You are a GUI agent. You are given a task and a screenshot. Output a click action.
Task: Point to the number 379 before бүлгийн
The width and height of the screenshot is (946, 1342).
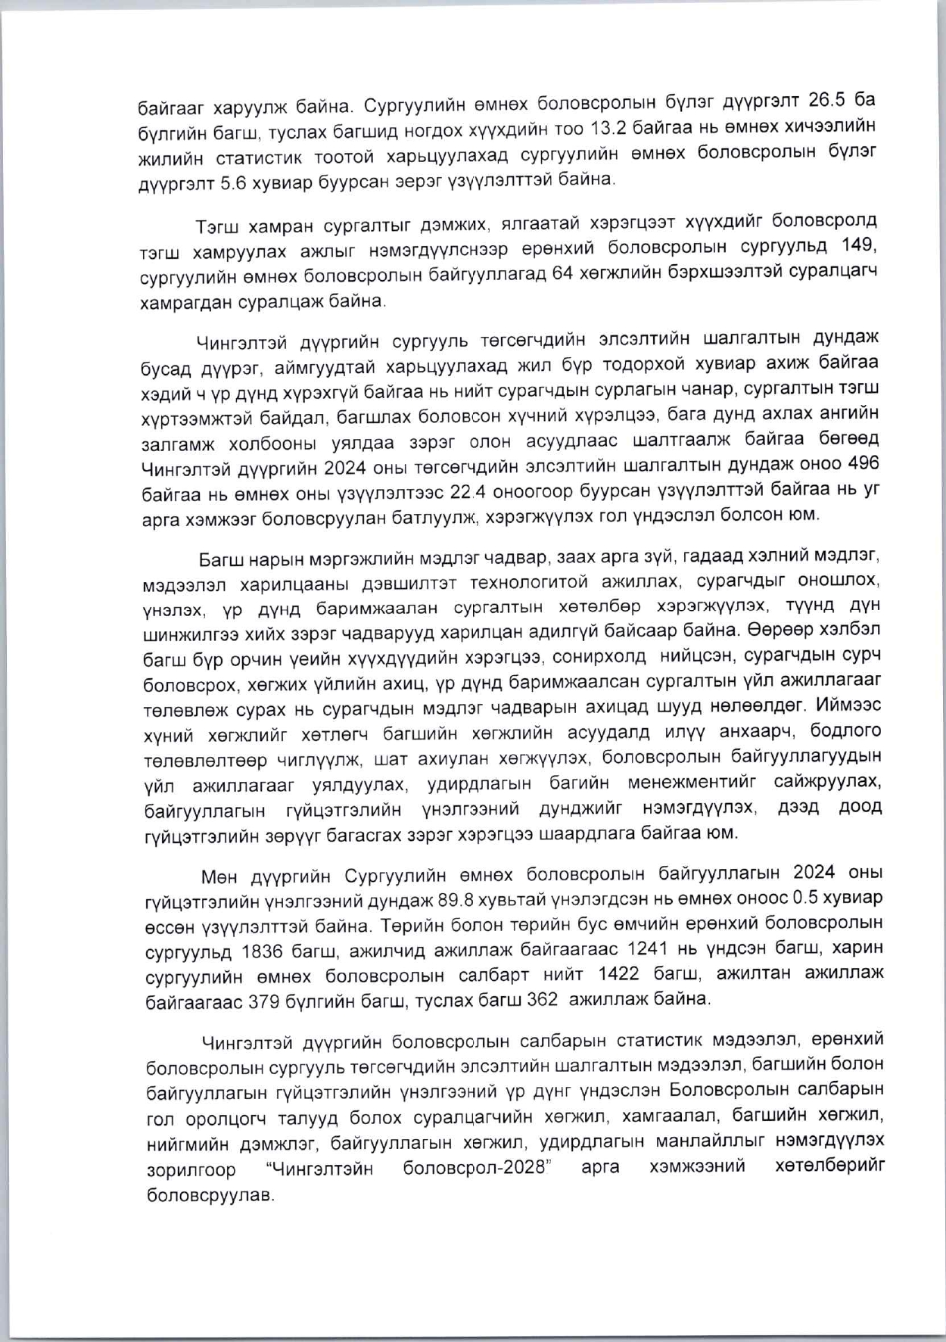click(267, 999)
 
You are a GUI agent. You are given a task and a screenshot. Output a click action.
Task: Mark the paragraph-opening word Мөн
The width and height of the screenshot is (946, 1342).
click(218, 876)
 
